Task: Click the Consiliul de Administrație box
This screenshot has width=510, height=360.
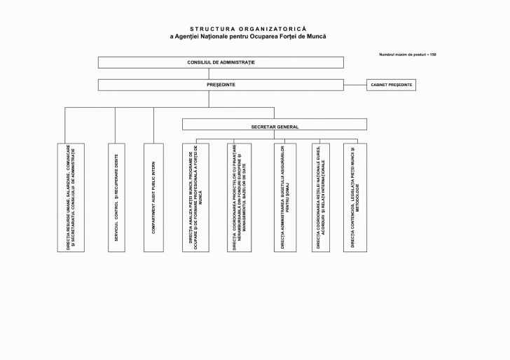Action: click(221, 62)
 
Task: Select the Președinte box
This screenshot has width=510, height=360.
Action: click(221, 85)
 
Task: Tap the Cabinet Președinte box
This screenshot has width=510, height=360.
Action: click(390, 85)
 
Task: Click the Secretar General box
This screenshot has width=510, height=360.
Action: click(274, 125)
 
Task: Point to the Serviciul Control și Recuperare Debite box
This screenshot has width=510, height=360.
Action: click(116, 198)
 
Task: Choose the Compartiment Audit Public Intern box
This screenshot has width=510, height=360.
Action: click(153, 198)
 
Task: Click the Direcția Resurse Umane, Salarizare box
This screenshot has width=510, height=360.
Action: click(71, 198)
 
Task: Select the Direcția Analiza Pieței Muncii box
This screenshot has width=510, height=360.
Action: click(195, 198)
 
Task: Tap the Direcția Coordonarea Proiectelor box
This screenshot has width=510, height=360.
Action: click(239, 198)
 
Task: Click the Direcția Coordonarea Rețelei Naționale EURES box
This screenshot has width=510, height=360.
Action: click(320, 198)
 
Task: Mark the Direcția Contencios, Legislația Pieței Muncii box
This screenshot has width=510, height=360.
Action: click(354, 198)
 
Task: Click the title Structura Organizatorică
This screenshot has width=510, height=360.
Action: click(248, 29)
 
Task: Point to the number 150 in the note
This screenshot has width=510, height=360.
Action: click(433, 54)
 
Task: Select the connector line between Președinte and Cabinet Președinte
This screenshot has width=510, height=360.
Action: click(355, 85)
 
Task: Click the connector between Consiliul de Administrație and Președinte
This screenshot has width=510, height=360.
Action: click(221, 74)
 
